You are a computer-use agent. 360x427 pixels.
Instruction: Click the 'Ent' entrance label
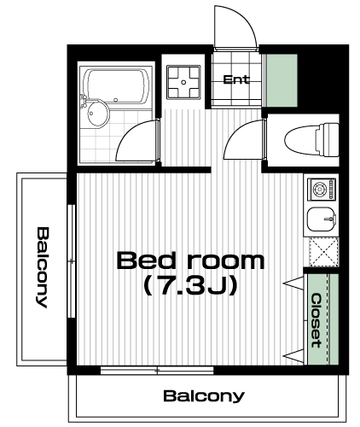pos(236,79)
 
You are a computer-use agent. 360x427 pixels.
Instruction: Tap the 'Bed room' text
pos(190,260)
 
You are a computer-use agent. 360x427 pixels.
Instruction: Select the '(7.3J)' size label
pos(190,286)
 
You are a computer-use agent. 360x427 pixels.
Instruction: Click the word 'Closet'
pos(316,321)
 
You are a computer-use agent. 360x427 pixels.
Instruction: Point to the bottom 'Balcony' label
pos(204,396)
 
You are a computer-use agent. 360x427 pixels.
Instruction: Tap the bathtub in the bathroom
pos(118,86)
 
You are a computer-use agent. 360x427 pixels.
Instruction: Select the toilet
pos(312,140)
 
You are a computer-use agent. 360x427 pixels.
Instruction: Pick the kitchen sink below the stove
pos(322,219)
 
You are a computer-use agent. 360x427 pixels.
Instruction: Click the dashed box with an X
pos(323,252)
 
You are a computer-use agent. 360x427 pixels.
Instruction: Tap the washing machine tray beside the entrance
pos(183,82)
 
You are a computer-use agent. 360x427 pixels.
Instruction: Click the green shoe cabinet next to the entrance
pos(282,80)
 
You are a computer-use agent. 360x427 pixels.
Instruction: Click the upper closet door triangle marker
pos(294,284)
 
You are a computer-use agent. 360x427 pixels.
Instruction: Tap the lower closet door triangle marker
pos(294,356)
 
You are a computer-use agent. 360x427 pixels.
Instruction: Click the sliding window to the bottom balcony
pos(157,371)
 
